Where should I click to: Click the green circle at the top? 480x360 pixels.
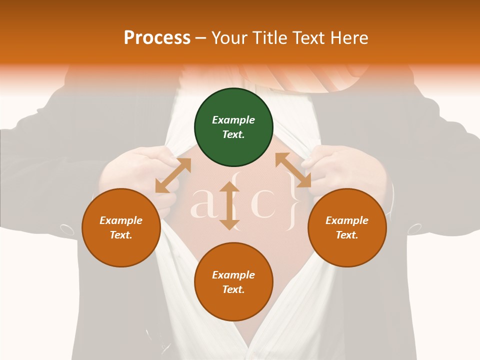point(233,127)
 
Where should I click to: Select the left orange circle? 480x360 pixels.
point(121,228)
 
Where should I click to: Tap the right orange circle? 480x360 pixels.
point(347,228)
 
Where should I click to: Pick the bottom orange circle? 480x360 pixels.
point(233,282)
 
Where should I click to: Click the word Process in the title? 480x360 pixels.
point(157,37)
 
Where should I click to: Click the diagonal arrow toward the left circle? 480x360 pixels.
point(173,175)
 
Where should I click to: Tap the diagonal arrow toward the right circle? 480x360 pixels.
point(293,170)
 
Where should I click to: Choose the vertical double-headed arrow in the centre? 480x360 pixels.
point(229,205)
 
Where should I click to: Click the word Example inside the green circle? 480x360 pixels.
point(233,120)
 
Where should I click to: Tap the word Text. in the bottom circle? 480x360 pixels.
point(233,289)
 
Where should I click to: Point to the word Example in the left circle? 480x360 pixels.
point(121,220)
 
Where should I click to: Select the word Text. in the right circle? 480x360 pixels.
point(347,235)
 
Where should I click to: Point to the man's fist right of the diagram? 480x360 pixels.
point(345,167)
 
